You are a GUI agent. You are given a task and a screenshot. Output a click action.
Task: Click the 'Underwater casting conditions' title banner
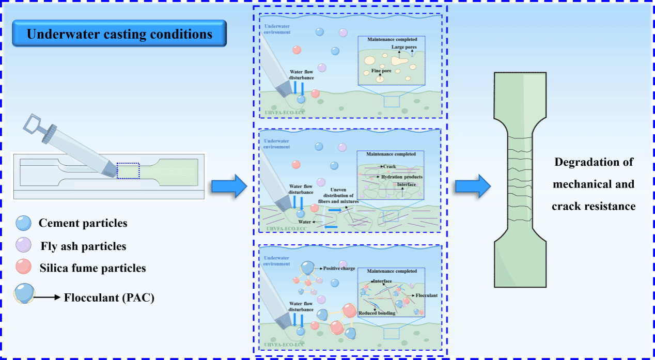(119, 34)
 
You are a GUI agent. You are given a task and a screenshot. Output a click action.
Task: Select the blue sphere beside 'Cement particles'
(24, 223)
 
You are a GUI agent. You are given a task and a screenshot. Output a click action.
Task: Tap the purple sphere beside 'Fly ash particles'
(24, 245)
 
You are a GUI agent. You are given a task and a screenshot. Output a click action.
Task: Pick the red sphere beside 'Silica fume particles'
(24, 267)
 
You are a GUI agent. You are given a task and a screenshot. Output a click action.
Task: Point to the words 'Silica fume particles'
(92, 268)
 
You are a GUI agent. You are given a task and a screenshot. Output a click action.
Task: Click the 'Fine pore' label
(381, 70)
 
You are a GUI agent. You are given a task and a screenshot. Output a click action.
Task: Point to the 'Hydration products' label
(401, 177)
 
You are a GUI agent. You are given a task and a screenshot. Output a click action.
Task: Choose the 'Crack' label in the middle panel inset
(389, 167)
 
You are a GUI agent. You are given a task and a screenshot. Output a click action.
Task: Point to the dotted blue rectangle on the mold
(128, 170)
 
